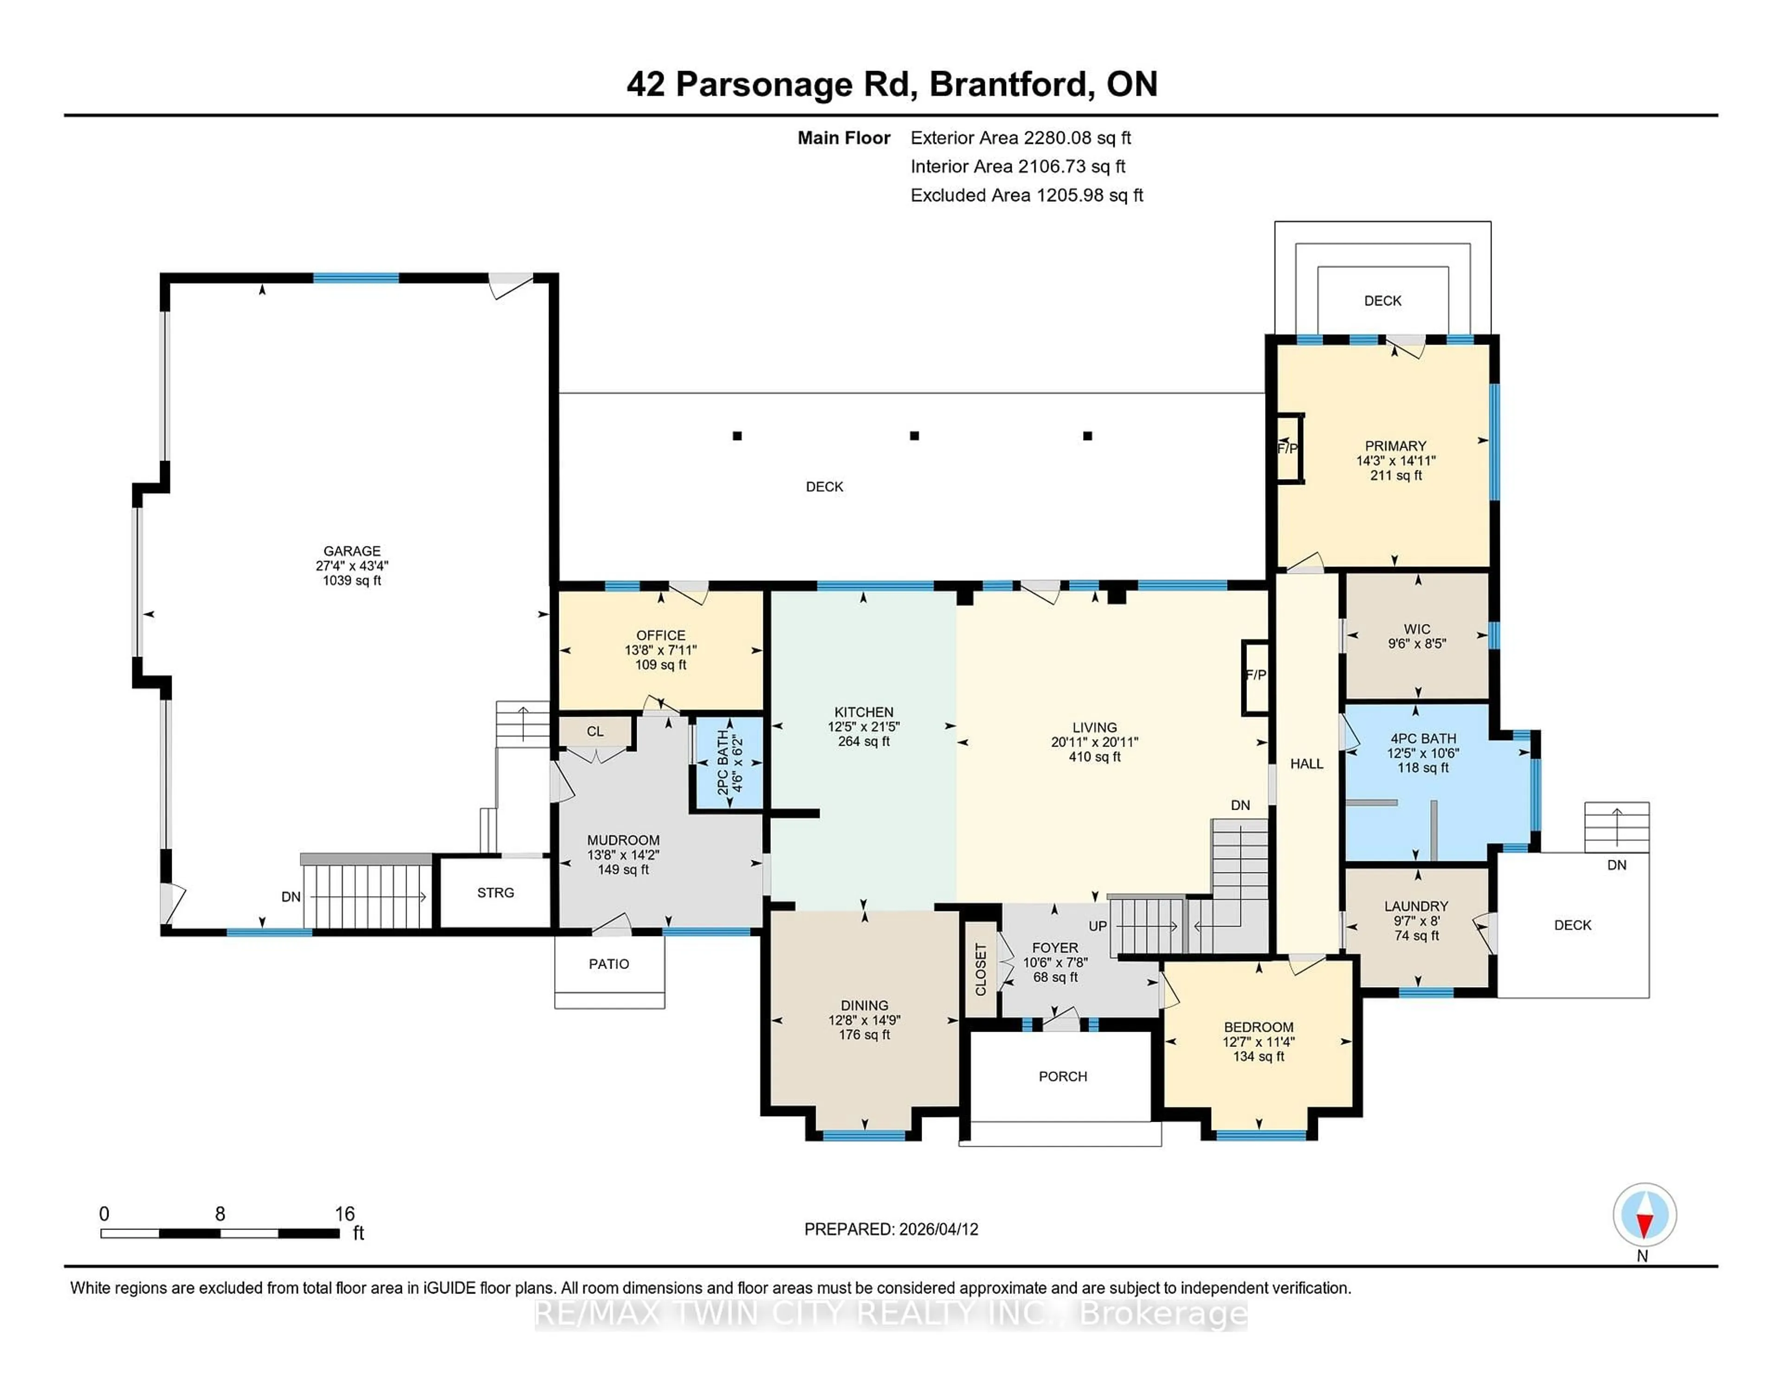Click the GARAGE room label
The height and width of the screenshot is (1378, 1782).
point(352,551)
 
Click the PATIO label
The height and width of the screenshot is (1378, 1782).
point(609,964)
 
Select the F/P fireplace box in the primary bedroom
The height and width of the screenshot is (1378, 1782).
point(1288,448)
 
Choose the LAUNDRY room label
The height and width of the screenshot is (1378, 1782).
point(1416,906)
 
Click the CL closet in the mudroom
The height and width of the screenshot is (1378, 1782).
point(595,731)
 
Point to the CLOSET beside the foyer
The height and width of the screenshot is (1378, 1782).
point(981,969)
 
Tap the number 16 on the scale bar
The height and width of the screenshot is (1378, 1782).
point(344,1214)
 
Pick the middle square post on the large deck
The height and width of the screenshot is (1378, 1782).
point(914,436)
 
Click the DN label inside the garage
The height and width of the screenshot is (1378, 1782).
point(291,897)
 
